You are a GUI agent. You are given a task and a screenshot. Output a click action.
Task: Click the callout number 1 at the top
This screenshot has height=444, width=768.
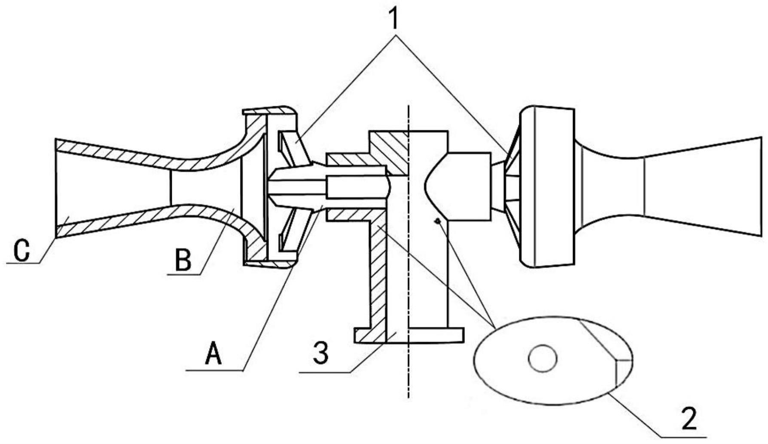(x=393, y=16)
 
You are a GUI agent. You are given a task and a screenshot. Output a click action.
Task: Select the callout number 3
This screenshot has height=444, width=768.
(x=320, y=353)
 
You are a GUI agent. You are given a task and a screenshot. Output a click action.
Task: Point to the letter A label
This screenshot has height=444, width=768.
(x=213, y=353)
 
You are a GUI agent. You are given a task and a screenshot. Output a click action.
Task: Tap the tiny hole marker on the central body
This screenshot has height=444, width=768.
(x=437, y=221)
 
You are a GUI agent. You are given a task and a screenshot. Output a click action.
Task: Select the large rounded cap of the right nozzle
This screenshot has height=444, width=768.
(x=546, y=186)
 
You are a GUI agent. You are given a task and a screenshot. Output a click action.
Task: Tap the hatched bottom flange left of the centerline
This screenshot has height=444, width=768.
(x=369, y=336)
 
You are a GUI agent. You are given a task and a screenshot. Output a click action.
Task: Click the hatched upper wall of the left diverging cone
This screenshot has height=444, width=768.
(x=112, y=150)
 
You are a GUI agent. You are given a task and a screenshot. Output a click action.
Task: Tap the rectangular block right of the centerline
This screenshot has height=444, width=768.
(x=468, y=186)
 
